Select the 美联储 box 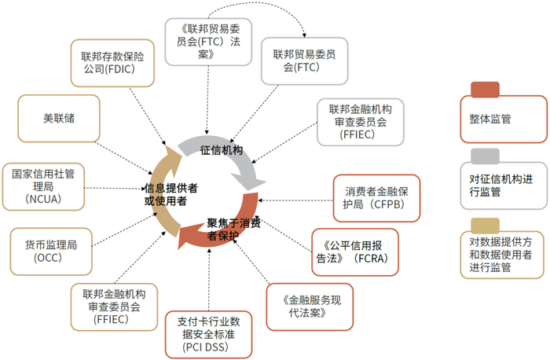point(59,119)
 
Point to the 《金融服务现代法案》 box point(306,306)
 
